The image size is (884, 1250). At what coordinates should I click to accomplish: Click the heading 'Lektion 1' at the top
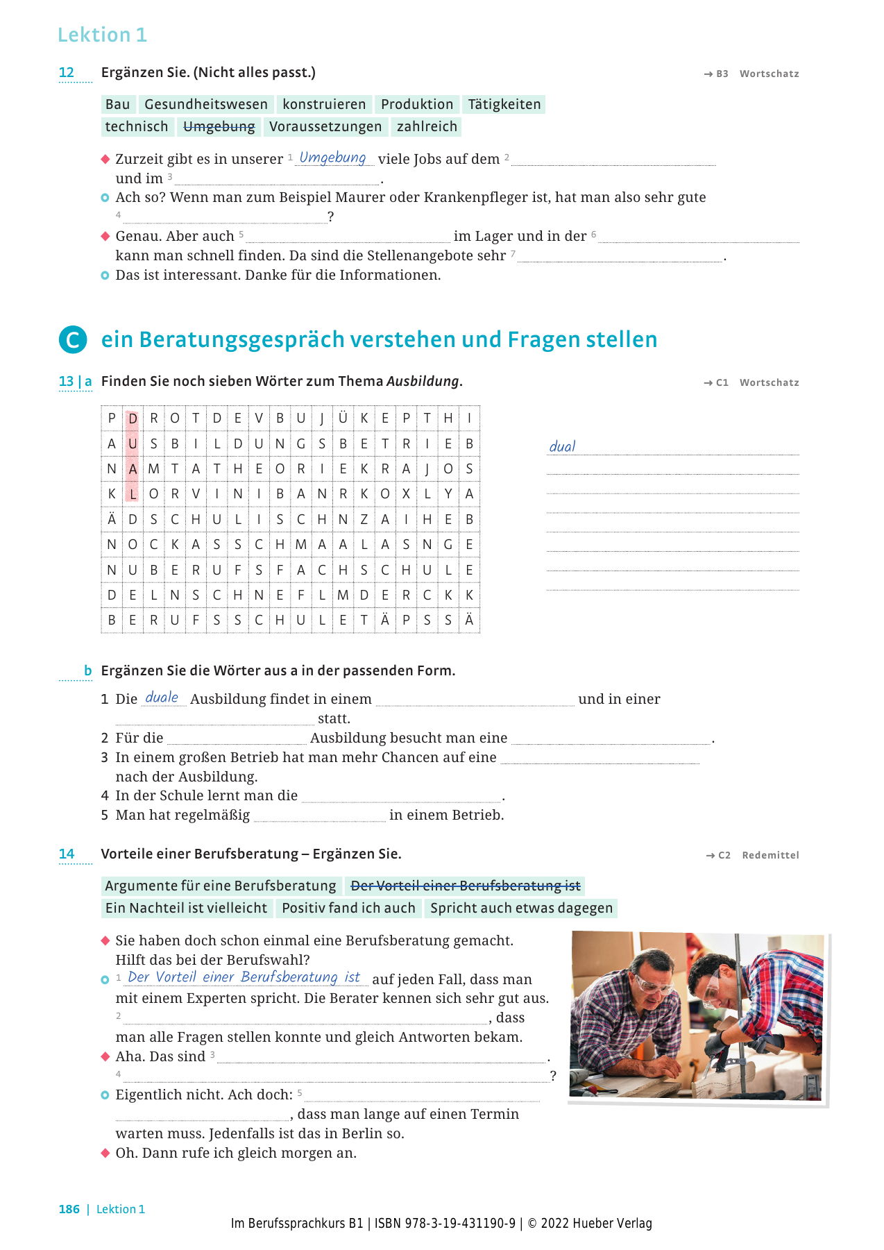point(102,35)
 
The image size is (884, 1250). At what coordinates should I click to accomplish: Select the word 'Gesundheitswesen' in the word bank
point(206,104)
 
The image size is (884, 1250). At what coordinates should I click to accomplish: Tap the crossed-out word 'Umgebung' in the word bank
point(219,126)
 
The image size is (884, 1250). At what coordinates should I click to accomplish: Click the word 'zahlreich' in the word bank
point(427,126)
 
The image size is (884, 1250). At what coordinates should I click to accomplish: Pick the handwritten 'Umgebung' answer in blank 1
point(332,158)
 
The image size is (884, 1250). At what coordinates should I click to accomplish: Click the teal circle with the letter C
point(73,340)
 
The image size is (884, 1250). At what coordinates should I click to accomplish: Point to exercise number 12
point(67,72)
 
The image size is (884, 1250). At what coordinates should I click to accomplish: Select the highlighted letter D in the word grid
point(133,419)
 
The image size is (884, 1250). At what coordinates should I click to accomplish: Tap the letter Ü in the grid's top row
point(343,419)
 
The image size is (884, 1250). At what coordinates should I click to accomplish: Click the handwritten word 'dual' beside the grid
point(562,446)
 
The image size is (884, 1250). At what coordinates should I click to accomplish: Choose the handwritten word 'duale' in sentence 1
point(162,698)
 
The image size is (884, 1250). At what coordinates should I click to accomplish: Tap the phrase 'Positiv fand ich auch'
point(348,908)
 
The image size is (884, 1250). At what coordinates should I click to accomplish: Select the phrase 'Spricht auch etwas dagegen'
point(521,908)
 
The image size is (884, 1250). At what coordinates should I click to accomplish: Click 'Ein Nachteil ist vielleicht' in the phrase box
point(186,908)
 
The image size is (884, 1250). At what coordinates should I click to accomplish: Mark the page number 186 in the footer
point(69,1209)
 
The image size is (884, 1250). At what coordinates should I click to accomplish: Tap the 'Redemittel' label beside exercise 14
point(770,855)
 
